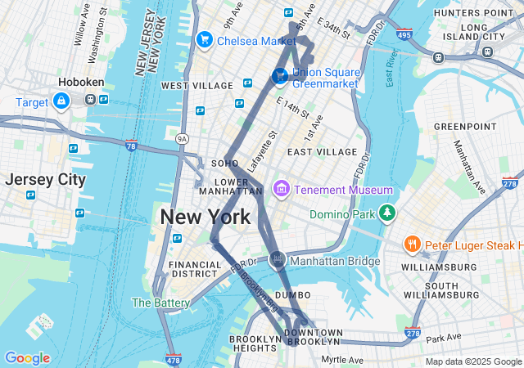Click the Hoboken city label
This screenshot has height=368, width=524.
tap(79, 83)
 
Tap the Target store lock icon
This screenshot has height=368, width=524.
tap(61, 101)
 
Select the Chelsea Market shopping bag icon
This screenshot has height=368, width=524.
tap(204, 39)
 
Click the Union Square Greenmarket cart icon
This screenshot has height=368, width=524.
tap(279, 76)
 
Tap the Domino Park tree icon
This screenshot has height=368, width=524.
tap(386, 214)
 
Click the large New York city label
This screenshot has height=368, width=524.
tap(206, 218)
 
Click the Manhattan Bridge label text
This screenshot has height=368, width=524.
tap(336, 261)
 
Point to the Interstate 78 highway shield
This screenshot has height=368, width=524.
tap(131, 146)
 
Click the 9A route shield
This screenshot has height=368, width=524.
tap(181, 140)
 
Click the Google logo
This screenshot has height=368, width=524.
tap(27, 358)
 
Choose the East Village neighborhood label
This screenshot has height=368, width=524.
tap(322, 152)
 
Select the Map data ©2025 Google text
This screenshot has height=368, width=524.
tap(472, 361)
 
